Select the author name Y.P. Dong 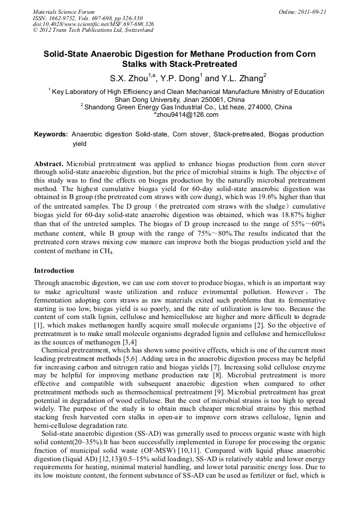click(x=179, y=78)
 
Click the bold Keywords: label click(x=50, y=135)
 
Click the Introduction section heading click(x=54, y=271)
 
